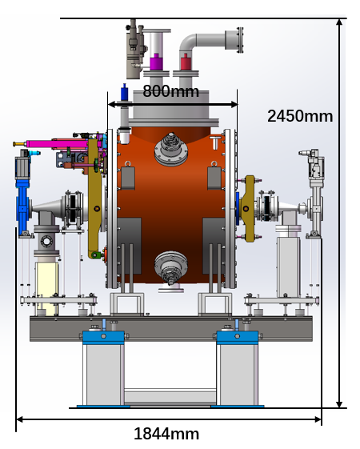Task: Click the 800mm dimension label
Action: (170, 91)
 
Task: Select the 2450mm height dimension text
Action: (300, 116)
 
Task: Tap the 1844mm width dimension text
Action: (166, 434)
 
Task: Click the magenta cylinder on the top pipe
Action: (156, 62)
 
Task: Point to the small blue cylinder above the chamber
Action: (125, 92)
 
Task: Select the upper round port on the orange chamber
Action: (171, 149)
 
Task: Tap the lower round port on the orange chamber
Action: (171, 267)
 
